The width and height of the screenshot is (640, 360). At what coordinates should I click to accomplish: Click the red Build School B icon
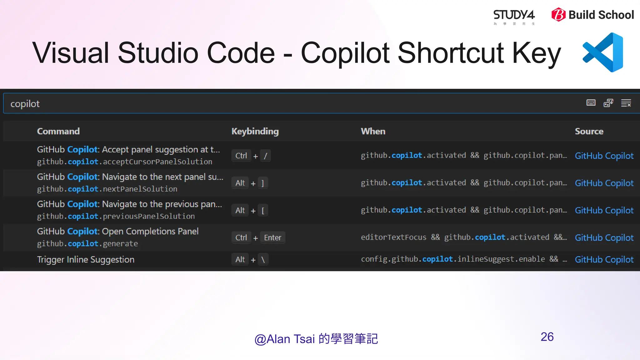point(558,15)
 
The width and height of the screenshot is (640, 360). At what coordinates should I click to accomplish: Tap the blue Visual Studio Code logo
point(603,52)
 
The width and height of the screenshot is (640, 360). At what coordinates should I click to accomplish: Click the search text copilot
point(25,104)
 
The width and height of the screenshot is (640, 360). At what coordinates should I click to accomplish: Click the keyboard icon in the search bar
point(591,103)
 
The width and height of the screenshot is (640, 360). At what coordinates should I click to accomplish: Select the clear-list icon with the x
point(626,103)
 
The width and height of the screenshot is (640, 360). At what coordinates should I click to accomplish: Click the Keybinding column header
point(255,131)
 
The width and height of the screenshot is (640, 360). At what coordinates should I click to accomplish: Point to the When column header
point(373,131)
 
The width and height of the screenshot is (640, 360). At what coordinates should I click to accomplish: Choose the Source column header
point(589,131)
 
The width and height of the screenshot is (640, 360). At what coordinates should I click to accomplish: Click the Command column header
point(58,131)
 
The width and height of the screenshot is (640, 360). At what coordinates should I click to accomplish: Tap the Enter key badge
point(272,237)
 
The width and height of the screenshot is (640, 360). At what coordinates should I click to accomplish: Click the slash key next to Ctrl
point(265,156)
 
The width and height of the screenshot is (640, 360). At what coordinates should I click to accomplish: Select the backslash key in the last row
point(263,259)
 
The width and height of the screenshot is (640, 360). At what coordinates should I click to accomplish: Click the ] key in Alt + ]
point(262,183)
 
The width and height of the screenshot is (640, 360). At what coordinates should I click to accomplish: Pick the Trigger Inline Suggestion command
point(86,259)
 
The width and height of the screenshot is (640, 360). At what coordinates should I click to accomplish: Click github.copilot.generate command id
point(87,243)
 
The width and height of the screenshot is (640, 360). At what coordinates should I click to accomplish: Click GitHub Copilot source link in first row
point(604,156)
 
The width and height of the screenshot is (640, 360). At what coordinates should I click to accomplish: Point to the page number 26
point(547,337)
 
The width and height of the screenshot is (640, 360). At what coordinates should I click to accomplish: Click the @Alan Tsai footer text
point(316,339)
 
